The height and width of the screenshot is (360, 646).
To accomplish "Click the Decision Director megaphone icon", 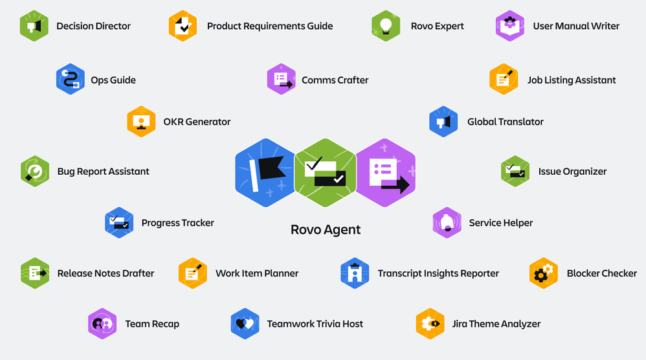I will pos(34,26).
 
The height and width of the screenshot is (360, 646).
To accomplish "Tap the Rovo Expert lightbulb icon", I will pos(386,26).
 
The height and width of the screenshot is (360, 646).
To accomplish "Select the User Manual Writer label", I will pos(576,27).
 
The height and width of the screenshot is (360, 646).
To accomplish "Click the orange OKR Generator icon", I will pos(141,122).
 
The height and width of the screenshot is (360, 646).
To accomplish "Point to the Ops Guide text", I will pos(113,80).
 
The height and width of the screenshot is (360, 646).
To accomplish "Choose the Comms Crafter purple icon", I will pos(282,80).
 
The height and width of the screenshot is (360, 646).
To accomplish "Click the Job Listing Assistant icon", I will pos(504,80).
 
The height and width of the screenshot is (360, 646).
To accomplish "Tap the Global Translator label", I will pos(506,122).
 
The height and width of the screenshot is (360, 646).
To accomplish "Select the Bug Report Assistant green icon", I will pos(35,172).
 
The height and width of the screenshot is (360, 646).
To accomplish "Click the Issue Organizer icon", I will pos(515,172).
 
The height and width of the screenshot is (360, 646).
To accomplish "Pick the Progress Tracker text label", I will pos(177,223).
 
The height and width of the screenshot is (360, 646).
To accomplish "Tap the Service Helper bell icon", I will pos(447,223).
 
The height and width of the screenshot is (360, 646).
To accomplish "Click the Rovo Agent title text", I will pos(326,230).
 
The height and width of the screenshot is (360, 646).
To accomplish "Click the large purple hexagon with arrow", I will pos(386,173).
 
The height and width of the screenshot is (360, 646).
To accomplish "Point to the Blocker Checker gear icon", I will pos(544,273).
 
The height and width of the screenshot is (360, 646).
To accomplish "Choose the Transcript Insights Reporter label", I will pos(438,273).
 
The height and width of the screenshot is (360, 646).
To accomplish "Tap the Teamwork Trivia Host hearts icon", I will pos(245,324).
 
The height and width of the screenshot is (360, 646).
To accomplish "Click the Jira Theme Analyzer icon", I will pos(430,324).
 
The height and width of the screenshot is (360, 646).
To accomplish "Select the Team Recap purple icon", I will pos(102,324).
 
